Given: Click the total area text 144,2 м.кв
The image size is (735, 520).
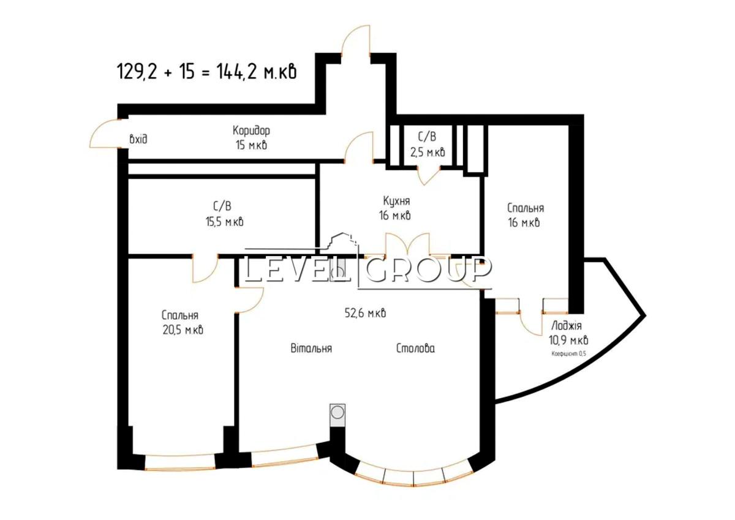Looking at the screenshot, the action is coord(256,72).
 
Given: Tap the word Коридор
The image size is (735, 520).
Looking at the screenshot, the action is coord(251,130).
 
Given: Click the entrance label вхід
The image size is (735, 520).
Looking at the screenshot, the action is coord(138,140).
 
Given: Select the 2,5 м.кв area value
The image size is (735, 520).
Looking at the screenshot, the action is coord(428,152).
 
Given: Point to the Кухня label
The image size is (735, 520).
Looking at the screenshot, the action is coord(396,200).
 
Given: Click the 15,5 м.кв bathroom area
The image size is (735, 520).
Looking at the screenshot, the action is coord(225,222).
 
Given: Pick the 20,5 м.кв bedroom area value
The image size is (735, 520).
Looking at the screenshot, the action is coord(183,330).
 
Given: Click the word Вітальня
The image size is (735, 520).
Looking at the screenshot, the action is coord(311,348).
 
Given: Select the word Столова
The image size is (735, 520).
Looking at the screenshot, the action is coord(415,348).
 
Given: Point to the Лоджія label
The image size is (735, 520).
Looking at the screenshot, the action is coord(567,326).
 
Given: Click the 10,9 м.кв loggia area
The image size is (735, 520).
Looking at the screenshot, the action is coord(568,340).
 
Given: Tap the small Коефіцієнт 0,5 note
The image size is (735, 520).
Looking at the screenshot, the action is coord(568,353).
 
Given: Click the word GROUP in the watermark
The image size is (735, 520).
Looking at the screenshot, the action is coord(428,269).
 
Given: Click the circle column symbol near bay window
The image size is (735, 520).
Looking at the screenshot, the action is coord(337,412).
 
